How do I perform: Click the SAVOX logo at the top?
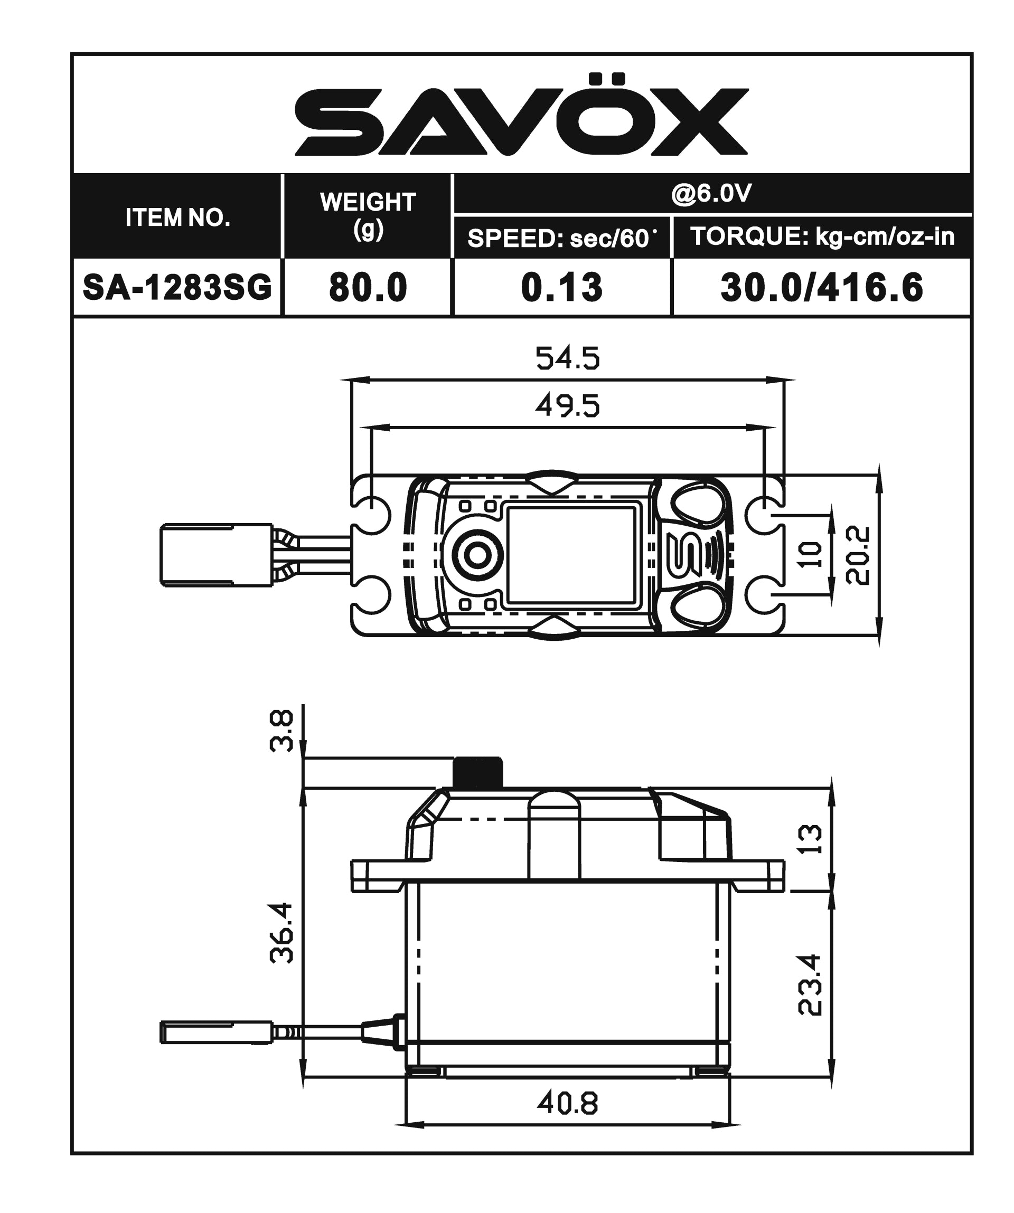click(x=522, y=116)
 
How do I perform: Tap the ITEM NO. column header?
click(x=177, y=217)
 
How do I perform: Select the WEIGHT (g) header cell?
click(x=368, y=215)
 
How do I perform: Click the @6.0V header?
click(x=711, y=194)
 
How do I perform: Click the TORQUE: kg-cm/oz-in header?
click(x=822, y=237)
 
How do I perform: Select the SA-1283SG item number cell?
click(x=177, y=287)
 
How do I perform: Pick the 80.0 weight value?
click(x=368, y=287)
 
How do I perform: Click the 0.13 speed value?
click(x=561, y=287)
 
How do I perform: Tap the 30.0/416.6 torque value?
click(x=822, y=287)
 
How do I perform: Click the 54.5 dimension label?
click(x=567, y=358)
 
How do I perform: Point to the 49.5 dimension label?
click(x=567, y=406)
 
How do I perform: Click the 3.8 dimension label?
click(x=281, y=731)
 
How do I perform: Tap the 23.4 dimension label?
click(x=810, y=984)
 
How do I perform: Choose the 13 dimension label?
click(x=811, y=839)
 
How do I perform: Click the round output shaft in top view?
click(x=477, y=556)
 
